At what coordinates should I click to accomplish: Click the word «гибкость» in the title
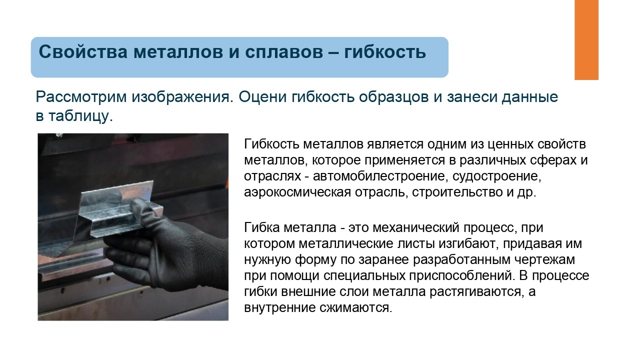[385, 52]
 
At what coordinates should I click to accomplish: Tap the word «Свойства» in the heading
[83, 52]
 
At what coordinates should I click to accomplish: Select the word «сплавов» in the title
[284, 52]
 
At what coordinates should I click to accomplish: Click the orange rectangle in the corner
[586, 39]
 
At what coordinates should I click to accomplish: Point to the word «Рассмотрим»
[81, 97]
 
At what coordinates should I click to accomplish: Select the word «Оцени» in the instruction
[262, 97]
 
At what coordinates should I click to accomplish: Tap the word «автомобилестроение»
[379, 176]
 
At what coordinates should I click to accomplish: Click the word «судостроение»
[497, 176]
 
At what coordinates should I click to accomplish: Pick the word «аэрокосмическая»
[297, 192]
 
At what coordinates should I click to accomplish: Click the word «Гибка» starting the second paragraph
[261, 227]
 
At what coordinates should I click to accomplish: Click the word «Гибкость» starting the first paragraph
[271, 144]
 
